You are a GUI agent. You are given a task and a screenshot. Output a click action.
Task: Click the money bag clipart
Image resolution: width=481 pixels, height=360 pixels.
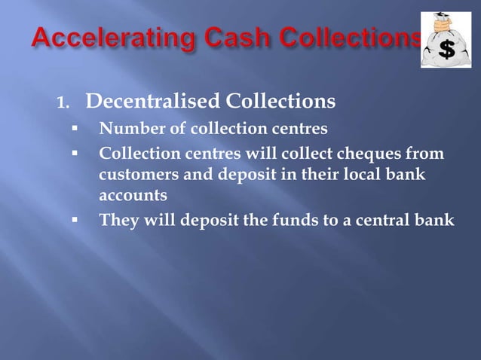446,41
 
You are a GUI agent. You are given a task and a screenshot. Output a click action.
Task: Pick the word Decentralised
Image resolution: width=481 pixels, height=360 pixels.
143,100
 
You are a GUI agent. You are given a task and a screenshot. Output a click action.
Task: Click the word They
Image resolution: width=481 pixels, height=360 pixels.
117,221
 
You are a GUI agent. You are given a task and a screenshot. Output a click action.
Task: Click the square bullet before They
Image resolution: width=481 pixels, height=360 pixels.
76,220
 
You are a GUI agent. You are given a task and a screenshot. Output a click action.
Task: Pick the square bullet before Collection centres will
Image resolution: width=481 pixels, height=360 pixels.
76,155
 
